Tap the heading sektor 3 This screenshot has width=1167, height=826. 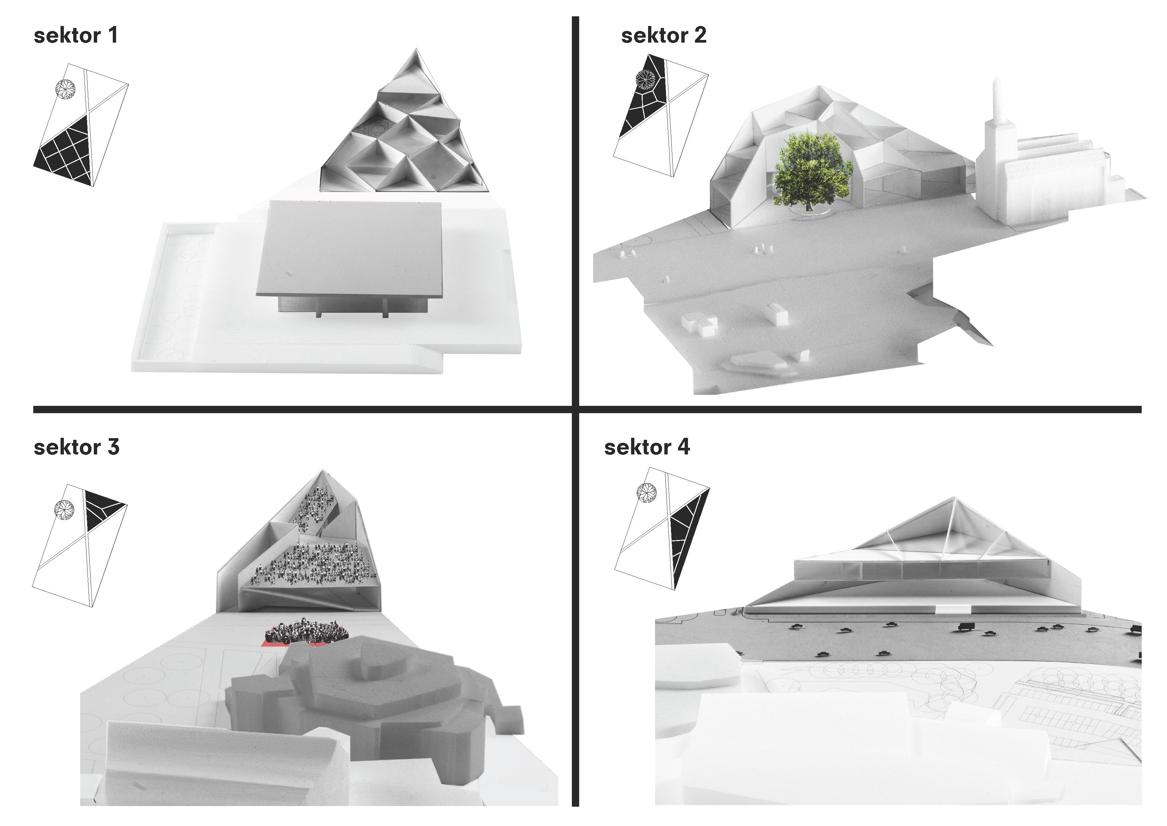(x=76, y=447)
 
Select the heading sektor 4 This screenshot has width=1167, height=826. (x=647, y=447)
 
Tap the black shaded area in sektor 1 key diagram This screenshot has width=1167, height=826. (x=69, y=152)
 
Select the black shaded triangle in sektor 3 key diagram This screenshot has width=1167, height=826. (x=102, y=509)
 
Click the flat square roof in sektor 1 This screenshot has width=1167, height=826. (x=349, y=249)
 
